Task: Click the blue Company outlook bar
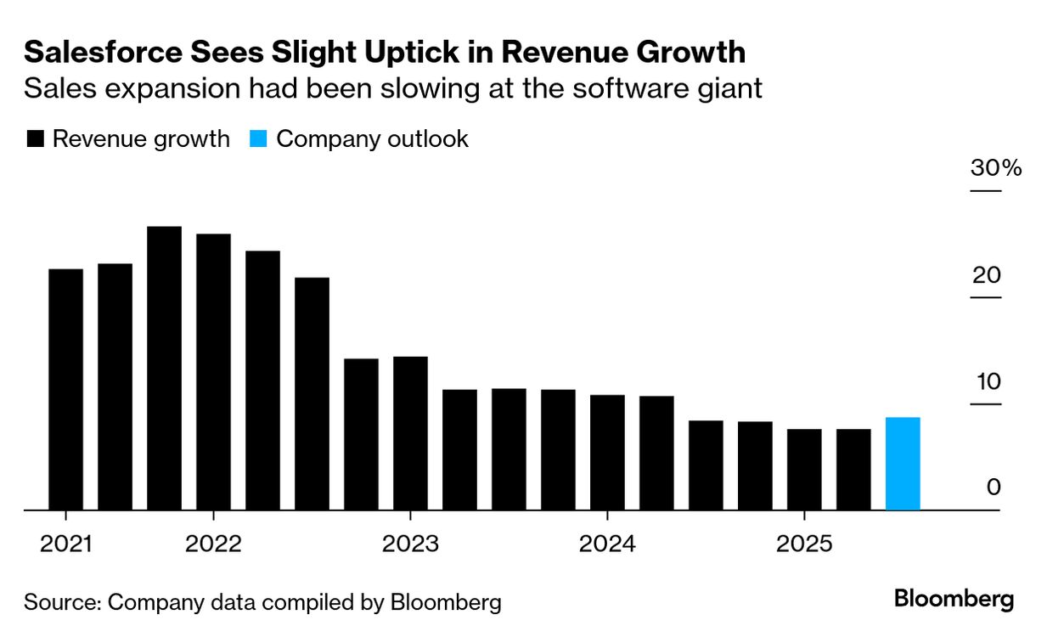click(902, 464)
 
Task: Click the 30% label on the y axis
click(996, 168)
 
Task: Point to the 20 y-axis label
click(988, 275)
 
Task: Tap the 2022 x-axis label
click(213, 544)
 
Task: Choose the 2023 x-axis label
click(410, 544)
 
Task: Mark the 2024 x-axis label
click(607, 544)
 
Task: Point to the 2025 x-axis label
click(804, 544)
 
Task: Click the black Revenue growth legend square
click(35, 139)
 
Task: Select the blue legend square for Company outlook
click(259, 139)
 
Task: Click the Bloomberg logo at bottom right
click(954, 599)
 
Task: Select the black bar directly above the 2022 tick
click(213, 372)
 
